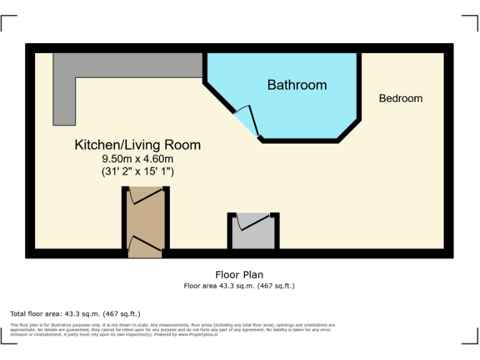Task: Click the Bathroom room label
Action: [x=297, y=85]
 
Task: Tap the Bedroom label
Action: [x=401, y=98]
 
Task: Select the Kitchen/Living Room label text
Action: [x=137, y=145]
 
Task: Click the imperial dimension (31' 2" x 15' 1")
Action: [x=137, y=171]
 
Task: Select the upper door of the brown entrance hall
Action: [x=146, y=196]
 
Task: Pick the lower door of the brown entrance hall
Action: [x=146, y=243]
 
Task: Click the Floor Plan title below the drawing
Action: [x=239, y=274]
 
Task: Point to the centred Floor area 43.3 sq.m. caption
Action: [x=239, y=286]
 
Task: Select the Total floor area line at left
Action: [x=76, y=314]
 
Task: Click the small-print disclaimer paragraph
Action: [x=172, y=329]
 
